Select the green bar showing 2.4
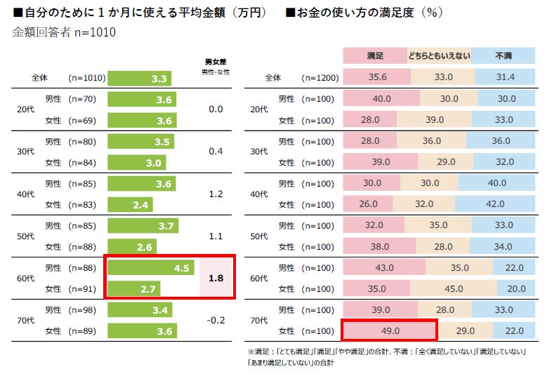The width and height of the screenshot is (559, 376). (x=129, y=205)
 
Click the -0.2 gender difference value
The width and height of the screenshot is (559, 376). (x=216, y=320)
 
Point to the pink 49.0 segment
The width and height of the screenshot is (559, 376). (x=388, y=330)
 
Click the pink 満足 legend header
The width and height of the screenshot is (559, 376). (x=374, y=55)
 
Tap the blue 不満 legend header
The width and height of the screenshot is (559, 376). (x=503, y=55)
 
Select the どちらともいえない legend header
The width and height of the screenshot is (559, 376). (x=439, y=55)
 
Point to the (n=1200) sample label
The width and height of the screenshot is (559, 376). (x=320, y=79)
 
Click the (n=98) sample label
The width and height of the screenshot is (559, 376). (x=81, y=309)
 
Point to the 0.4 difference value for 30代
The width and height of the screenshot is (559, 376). (x=216, y=152)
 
